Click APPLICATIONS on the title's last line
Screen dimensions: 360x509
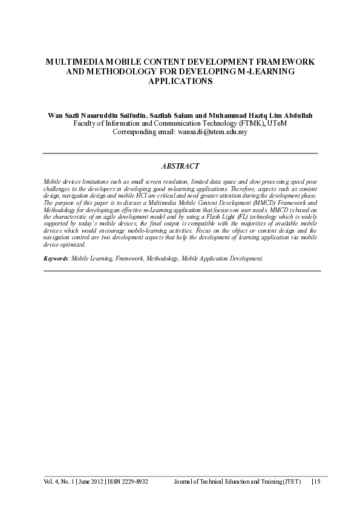pyautogui.click(x=180, y=81)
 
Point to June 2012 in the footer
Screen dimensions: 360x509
pyautogui.click(x=90, y=482)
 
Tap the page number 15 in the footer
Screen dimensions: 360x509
pyautogui.click(x=316, y=482)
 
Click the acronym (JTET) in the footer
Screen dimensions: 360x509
pyautogui.click(x=290, y=482)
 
